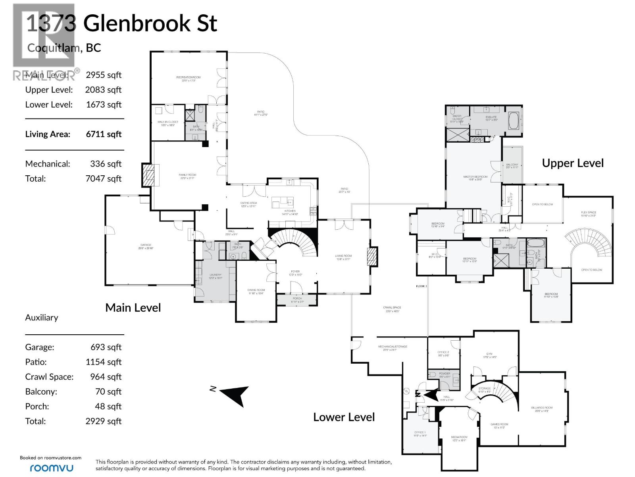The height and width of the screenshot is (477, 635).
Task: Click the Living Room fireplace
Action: [373, 256]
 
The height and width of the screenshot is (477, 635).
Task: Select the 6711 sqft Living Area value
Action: [104, 134]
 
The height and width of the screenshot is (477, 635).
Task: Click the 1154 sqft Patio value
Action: [104, 362]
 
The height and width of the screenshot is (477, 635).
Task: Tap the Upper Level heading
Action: [572, 163]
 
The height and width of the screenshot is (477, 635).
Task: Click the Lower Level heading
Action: [344, 417]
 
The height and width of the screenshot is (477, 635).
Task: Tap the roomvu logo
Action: [52, 468]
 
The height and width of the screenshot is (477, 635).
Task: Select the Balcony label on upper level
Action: [512, 166]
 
